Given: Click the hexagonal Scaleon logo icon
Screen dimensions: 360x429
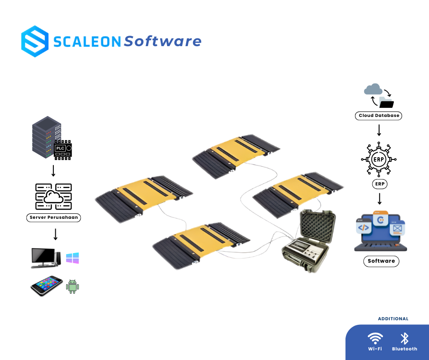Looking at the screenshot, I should pos(35,41).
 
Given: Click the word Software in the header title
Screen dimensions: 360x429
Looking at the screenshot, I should pos(162,42).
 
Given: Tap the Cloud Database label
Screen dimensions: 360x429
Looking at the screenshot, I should pos(378,116).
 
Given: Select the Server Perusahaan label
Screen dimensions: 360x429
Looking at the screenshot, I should pos(53,217).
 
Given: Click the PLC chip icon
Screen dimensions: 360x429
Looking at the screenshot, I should pos(63,149).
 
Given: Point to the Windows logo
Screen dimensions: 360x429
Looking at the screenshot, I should pos(72,258).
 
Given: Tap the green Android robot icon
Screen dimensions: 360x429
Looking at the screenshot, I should pos(73,286).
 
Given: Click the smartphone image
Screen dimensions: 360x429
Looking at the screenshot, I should pos(47,286).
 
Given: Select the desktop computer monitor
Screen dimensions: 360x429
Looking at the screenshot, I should pos(44,258).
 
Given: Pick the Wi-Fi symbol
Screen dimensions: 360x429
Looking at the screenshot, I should pos(375,339).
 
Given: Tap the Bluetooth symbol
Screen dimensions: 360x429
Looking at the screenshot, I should pos(404,339).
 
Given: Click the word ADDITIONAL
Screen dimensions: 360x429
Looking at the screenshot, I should pos(393,319).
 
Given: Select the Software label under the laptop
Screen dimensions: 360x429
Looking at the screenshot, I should pos(381,261).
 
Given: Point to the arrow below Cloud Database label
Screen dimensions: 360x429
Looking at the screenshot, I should pos(379,130).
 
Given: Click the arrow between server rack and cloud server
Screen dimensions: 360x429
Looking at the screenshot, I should pos(53,171).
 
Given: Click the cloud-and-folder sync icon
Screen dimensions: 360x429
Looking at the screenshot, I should pos(379,95).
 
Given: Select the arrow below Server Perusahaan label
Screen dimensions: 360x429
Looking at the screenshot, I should pos(55,234).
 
